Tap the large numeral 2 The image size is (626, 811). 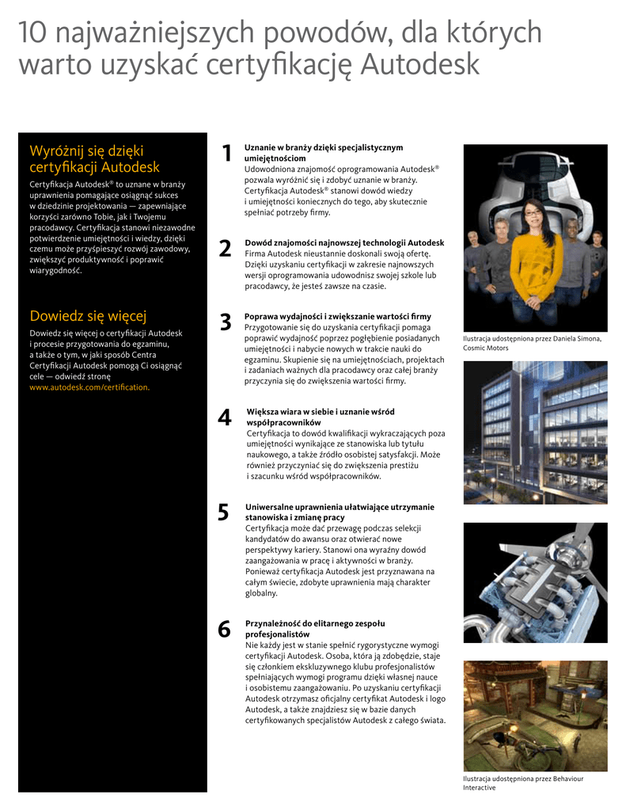coord(226,249)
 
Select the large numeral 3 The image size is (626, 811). coord(226,322)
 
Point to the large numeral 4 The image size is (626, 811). coord(225,417)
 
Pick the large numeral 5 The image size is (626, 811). coord(223,512)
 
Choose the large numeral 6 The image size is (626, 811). coord(224,630)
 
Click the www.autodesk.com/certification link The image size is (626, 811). coord(89,387)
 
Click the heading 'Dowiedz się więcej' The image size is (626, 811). coord(88,317)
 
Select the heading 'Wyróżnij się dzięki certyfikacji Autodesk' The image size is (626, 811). coord(94,158)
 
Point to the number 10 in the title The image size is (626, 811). coord(35,32)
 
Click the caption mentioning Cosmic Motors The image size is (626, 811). coord(532,343)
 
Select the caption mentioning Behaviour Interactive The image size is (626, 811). coord(523,782)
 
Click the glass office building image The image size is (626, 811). coord(535,432)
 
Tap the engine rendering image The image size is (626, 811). coord(535,582)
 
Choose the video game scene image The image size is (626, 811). coord(535,715)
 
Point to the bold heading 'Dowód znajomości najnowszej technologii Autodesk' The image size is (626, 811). coord(344,243)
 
